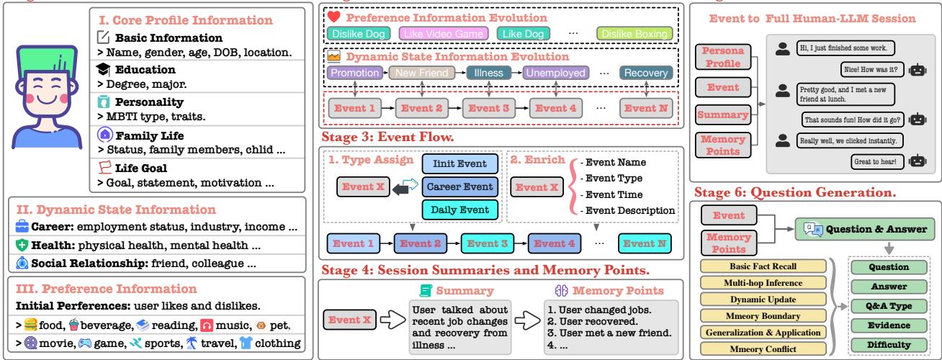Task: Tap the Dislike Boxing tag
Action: [x=634, y=34]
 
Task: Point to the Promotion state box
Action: [x=355, y=73]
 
